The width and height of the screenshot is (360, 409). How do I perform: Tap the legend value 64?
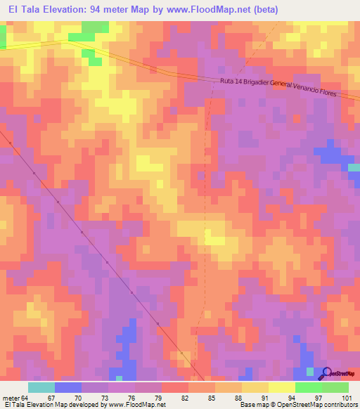pyautogui.click(x=27, y=398)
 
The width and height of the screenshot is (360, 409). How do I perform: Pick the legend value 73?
pyautogui.click(x=106, y=398)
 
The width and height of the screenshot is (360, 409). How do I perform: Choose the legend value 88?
pyautogui.click(x=239, y=398)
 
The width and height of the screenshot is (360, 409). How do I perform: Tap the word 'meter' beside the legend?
pyautogui.click(x=12, y=398)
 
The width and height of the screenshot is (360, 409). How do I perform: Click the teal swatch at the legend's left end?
pyautogui.click(x=41, y=387)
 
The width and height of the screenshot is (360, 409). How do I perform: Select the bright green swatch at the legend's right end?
pyautogui.click(x=335, y=387)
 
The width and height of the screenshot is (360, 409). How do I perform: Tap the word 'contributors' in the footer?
pyautogui.click(x=338, y=405)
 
